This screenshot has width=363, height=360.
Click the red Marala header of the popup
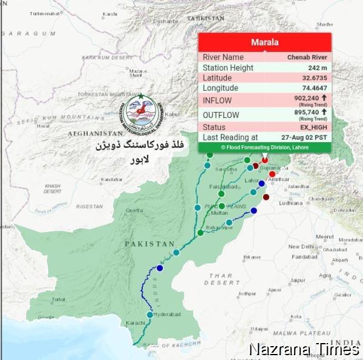point(265,42)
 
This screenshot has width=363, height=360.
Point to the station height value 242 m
point(316,68)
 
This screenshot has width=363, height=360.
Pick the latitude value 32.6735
point(314,78)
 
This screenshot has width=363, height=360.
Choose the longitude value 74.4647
point(314,88)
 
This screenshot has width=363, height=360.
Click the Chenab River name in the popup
point(307,57)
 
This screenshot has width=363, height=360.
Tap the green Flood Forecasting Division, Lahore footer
point(265,147)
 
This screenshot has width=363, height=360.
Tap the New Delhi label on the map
point(301,246)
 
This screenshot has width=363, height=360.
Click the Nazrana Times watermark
point(304,350)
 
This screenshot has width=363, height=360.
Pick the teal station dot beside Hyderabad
point(149,314)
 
